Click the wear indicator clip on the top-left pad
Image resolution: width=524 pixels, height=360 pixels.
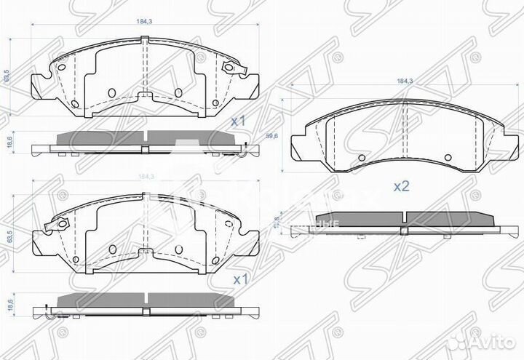[232, 68]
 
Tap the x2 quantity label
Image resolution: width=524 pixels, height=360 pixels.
[401, 186]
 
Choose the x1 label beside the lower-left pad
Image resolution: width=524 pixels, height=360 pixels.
[239, 279]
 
